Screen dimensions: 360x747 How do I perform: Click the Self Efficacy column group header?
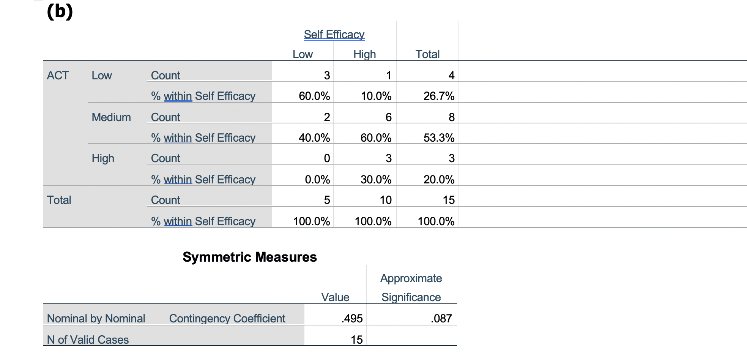click(x=334, y=35)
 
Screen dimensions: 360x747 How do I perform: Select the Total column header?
click(x=427, y=54)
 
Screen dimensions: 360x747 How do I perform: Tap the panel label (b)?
click(x=60, y=11)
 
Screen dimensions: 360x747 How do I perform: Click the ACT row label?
click(x=58, y=76)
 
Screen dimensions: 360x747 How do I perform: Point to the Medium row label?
click(x=111, y=117)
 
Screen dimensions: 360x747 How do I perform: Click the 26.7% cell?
click(x=439, y=96)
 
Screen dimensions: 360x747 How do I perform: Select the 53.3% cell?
click(x=439, y=138)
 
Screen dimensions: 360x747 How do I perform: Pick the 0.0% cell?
click(x=317, y=180)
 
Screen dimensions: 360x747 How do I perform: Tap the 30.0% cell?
click(x=376, y=180)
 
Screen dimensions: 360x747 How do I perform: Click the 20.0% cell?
click(x=439, y=180)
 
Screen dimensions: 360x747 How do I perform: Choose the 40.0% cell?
click(x=314, y=138)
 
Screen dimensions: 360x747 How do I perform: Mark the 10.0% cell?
click(x=376, y=96)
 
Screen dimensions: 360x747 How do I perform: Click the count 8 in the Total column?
click(x=451, y=117)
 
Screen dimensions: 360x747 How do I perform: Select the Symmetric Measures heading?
click(x=249, y=257)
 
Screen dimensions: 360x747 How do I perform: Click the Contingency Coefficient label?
click(x=227, y=319)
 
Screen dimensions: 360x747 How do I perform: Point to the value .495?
click(x=352, y=319)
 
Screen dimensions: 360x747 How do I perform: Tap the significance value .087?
click(x=441, y=319)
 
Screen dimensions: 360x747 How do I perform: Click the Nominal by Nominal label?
click(x=96, y=319)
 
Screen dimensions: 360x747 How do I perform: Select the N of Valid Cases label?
click(x=88, y=340)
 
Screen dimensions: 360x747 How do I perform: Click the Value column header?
click(x=335, y=297)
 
